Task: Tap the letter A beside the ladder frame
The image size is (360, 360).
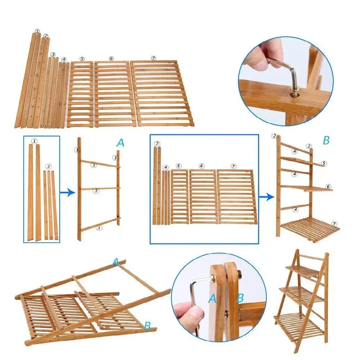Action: coord(121,143)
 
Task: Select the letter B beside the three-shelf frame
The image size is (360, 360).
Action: coord(326,140)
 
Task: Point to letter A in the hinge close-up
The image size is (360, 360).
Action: coord(212,298)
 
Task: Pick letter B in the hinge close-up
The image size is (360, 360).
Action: coord(240,298)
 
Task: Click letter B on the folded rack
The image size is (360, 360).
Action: coord(147,326)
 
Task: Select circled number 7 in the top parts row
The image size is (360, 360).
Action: coord(154,58)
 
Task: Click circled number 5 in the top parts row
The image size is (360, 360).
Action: coord(82,59)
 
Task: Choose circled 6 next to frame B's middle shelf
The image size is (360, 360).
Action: coord(328,186)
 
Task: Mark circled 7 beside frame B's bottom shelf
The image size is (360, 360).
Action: coord(334,224)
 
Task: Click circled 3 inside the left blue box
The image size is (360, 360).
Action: coord(49,166)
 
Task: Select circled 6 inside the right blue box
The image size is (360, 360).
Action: coord(201,166)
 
